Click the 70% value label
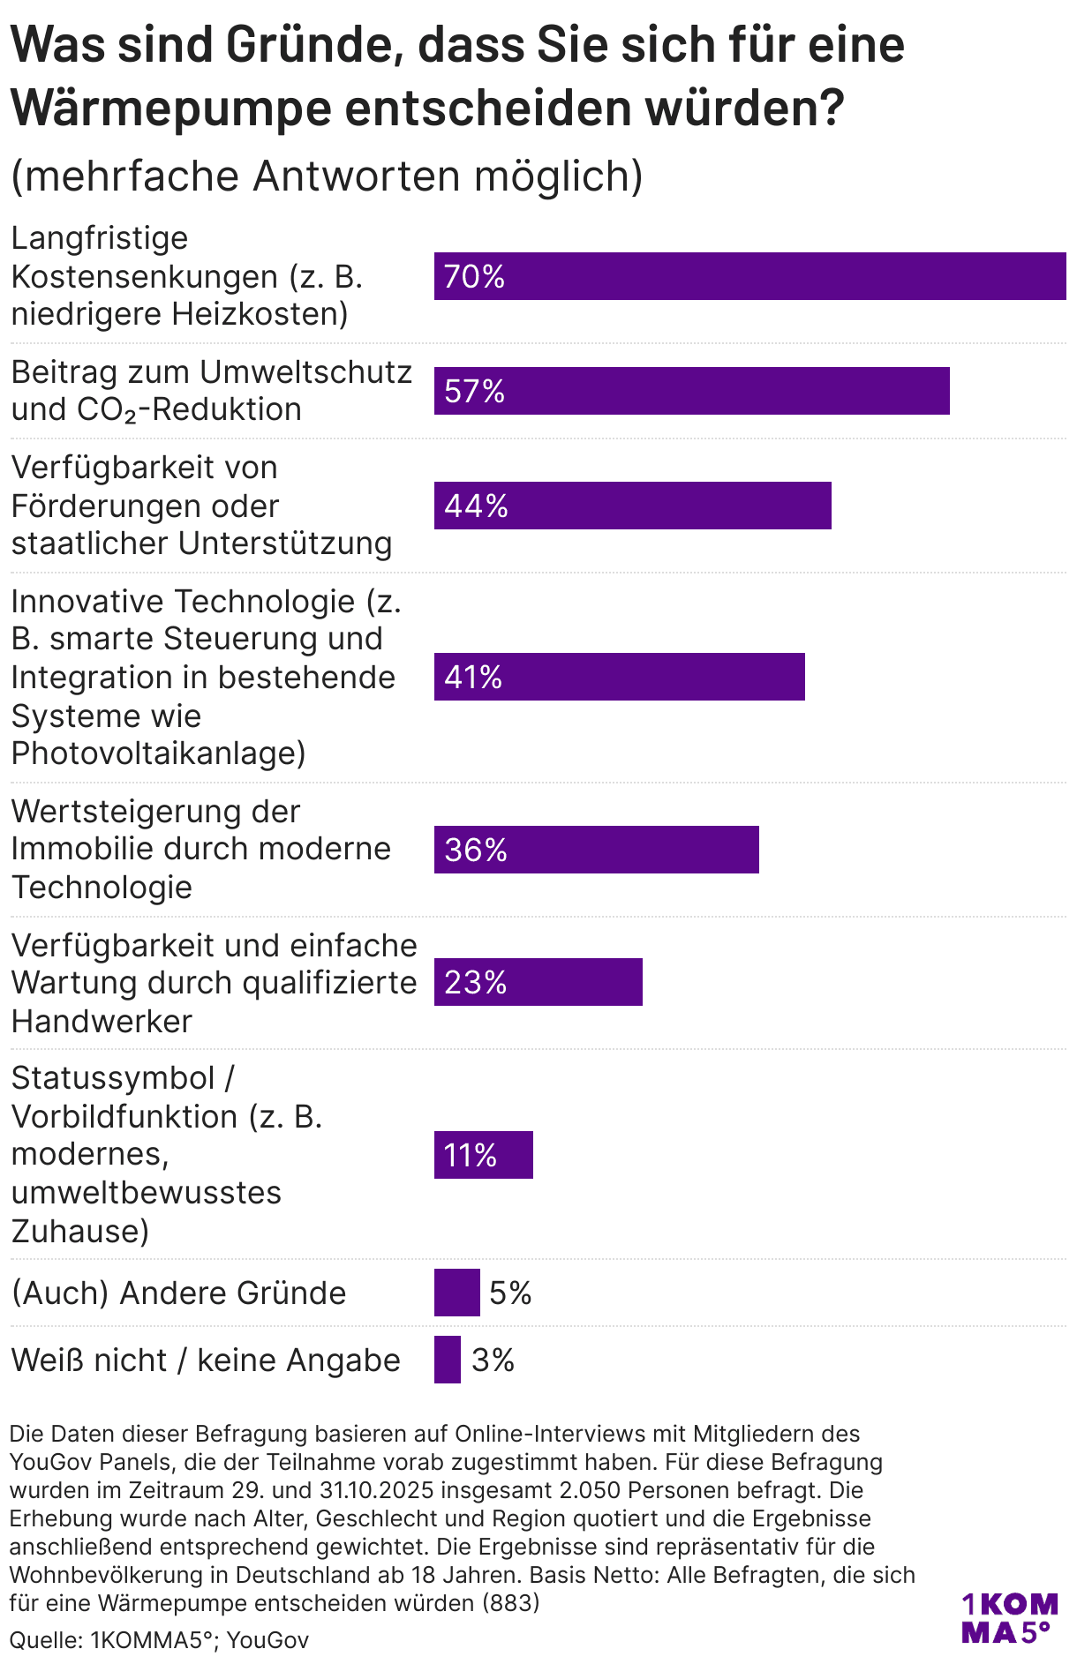(x=474, y=277)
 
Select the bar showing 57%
(x=691, y=391)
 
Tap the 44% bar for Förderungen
(x=632, y=506)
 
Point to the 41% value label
(x=473, y=677)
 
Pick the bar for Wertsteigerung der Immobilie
(x=596, y=850)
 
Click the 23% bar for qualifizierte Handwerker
(x=538, y=982)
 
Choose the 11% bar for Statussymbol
(x=483, y=1155)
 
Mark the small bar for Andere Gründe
(x=456, y=1293)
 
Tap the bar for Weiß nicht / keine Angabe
(x=447, y=1360)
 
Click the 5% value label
(x=510, y=1293)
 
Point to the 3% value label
(x=493, y=1360)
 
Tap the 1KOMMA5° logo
(x=1008, y=1618)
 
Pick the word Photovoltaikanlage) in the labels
(x=158, y=753)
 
